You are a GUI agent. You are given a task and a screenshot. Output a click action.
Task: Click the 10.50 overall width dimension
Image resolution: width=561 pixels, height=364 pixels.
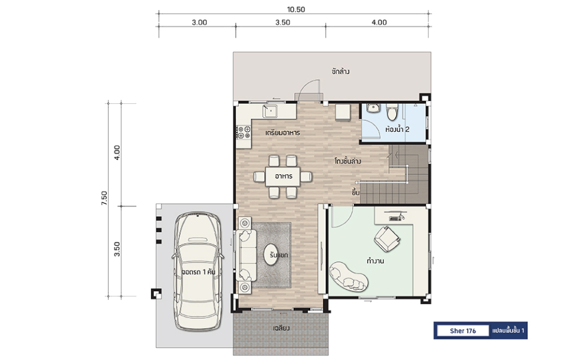click(x=295, y=10)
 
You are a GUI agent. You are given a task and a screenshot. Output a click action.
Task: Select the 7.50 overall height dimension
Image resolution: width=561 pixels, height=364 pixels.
click(x=104, y=198)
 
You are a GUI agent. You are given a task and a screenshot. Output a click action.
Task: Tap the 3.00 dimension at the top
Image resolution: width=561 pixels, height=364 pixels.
click(x=199, y=22)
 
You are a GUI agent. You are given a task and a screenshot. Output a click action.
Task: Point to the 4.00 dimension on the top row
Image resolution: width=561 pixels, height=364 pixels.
click(x=379, y=22)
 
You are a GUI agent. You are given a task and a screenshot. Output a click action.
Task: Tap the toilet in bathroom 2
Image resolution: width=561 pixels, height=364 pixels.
click(x=392, y=111)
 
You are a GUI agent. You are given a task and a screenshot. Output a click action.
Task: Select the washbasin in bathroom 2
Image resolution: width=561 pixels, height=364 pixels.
click(x=373, y=108)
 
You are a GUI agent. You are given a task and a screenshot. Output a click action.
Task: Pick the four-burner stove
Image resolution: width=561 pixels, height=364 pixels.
click(x=244, y=132)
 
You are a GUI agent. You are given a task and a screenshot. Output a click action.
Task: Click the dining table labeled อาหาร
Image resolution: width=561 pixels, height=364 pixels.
click(x=283, y=177)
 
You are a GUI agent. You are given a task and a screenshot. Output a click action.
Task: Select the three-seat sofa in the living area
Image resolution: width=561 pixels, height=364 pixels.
click(x=246, y=255)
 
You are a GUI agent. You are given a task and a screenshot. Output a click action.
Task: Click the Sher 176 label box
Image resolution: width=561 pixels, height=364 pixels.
click(x=463, y=331)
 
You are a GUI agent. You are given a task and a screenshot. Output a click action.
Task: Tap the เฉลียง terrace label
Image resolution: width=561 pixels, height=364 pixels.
click(x=281, y=328)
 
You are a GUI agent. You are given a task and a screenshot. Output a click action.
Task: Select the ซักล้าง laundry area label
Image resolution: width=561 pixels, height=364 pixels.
click(x=340, y=71)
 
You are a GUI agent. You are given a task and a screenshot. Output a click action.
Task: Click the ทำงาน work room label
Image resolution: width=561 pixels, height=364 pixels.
click(x=376, y=261)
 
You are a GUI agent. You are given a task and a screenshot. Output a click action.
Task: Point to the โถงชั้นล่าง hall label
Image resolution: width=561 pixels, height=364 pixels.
click(x=347, y=161)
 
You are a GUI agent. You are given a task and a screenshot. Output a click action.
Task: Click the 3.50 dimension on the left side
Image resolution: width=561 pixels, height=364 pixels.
click(x=117, y=249)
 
